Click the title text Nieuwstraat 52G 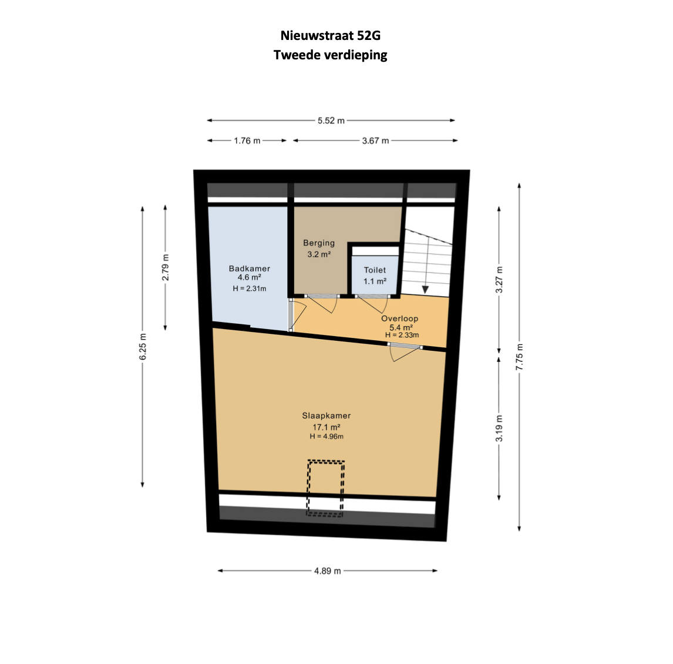point(330,35)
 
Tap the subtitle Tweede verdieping point(330,55)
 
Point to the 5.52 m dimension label point(331,120)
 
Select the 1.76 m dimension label point(247,140)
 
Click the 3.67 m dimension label point(375,140)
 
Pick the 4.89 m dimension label point(328,571)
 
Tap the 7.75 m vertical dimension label point(519,357)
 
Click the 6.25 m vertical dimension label point(143,347)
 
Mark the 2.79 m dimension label point(166,267)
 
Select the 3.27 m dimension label point(499,280)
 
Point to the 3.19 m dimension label point(499,428)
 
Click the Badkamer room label point(250,269)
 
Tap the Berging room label point(319,243)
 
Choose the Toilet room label point(375,270)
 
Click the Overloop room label point(399,318)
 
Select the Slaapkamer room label point(326,415)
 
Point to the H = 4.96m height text point(327,437)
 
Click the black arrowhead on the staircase point(425,290)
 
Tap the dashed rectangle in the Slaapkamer point(325,488)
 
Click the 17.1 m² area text point(326,427)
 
